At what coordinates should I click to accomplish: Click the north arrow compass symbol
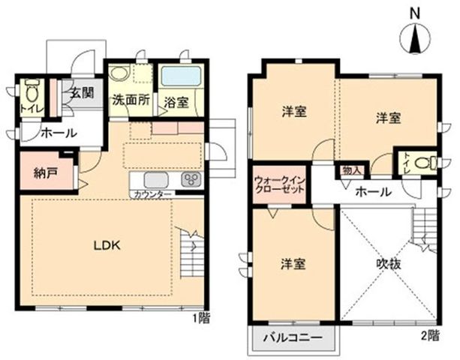coord(415,39)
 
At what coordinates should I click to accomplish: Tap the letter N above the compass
coord(415,13)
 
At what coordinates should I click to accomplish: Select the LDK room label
coord(107,245)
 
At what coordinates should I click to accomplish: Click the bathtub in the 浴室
coord(181,76)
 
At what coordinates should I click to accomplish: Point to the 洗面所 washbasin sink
coord(120,72)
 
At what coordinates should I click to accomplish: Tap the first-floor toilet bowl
coord(32,91)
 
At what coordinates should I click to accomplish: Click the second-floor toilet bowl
coord(426,163)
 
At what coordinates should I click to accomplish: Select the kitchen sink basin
coord(156,179)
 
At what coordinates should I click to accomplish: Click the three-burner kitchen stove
coord(191,179)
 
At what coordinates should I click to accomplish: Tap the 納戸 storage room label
coord(45,173)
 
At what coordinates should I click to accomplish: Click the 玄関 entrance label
coord(82,94)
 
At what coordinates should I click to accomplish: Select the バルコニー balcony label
coord(293,337)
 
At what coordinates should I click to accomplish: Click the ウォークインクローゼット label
coord(280,184)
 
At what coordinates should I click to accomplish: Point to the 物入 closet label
coord(351,171)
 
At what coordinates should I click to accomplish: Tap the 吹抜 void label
coord(389,265)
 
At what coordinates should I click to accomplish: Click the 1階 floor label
coord(201,318)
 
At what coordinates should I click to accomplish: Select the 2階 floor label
coord(431,336)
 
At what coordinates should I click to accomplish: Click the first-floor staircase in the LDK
coord(191,253)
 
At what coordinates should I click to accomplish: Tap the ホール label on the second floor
coord(374,192)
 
